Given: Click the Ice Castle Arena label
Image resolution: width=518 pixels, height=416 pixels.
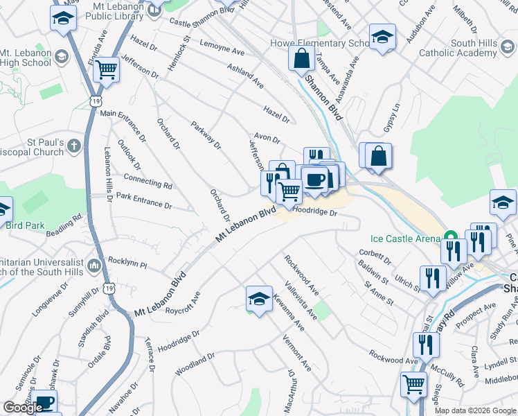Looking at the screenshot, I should pyautogui.click(x=406, y=239).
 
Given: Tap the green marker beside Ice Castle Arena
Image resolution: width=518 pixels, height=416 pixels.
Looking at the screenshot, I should pyautogui.click(x=449, y=236).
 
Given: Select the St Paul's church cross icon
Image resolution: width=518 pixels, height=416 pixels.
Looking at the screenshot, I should pyautogui.click(x=75, y=147).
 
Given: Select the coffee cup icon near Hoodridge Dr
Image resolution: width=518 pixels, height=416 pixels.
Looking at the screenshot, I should pyautogui.click(x=315, y=180).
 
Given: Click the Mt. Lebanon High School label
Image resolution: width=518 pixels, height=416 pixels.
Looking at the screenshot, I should pyautogui.click(x=25, y=58).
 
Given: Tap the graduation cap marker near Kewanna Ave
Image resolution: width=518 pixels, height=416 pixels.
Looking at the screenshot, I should pyautogui.click(x=259, y=299).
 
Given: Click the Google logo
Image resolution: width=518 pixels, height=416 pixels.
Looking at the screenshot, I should pyautogui.click(x=23, y=408).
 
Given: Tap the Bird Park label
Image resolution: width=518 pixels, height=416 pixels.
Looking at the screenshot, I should pyautogui.click(x=25, y=225).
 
